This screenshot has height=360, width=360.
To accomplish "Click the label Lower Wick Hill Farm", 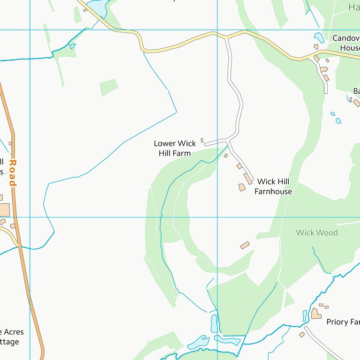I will coord(172,148).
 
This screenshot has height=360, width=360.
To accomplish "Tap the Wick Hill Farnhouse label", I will coord(273,186).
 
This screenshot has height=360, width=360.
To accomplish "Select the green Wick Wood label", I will coord(316,232).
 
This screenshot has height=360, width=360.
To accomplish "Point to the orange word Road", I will coord(13,173).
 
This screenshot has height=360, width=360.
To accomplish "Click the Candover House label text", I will coord(346,43).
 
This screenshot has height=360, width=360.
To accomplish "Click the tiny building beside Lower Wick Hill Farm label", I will coord(202,140).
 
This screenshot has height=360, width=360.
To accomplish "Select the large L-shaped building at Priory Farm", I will coord(316,313).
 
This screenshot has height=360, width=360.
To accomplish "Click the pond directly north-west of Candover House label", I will coord(319,37).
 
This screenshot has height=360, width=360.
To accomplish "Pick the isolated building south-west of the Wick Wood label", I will coord(245,245).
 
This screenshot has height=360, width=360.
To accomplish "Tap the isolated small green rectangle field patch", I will coord(108,87).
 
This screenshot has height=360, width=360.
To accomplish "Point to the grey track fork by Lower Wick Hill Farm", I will coord(228,140).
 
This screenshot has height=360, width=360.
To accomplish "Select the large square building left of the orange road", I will coord(4,210).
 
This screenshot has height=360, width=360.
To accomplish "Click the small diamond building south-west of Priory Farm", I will coord(302,334).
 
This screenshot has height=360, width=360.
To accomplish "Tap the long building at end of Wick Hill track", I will coord(247,179).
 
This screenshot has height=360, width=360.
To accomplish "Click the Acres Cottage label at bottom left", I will coord(12,337).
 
